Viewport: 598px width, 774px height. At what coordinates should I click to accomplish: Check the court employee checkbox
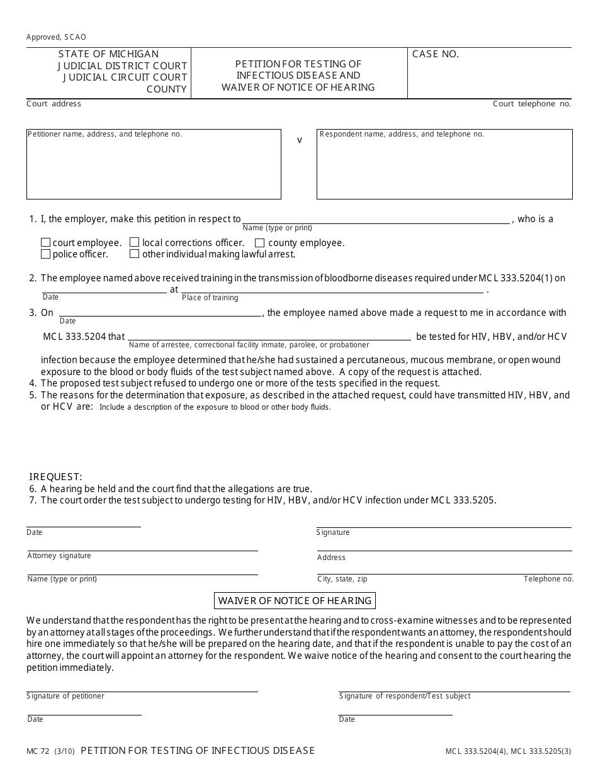click(x=45, y=243)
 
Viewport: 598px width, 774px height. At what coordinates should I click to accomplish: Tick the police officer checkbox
click(x=45, y=254)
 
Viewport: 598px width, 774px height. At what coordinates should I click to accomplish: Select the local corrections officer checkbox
click(x=135, y=243)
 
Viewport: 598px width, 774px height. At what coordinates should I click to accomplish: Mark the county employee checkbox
click(x=259, y=243)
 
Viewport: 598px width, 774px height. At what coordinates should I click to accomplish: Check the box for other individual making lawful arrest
click(x=135, y=254)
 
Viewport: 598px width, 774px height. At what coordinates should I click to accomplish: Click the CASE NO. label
click(x=435, y=54)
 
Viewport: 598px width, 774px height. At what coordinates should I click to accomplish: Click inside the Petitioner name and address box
click(x=154, y=167)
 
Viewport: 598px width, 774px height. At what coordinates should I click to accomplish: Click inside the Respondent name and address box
click(x=444, y=167)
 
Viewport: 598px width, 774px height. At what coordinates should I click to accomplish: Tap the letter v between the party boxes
click(x=299, y=140)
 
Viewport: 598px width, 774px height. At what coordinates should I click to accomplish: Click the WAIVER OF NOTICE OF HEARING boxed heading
click(x=295, y=600)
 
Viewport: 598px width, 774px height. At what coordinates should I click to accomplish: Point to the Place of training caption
click(x=210, y=298)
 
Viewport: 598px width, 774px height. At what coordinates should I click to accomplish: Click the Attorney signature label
click(x=59, y=556)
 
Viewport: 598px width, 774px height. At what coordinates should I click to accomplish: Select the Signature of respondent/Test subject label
click(x=405, y=696)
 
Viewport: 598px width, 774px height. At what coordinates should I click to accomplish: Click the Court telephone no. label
click(x=532, y=104)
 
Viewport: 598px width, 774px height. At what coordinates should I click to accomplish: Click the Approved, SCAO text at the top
click(x=56, y=37)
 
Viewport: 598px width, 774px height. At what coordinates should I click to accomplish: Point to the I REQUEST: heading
click(x=55, y=477)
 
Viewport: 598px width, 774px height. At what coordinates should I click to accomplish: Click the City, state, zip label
click(x=342, y=579)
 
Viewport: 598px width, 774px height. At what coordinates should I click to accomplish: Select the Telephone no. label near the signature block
click(x=548, y=579)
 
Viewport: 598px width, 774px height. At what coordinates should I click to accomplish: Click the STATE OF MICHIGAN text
click(x=108, y=54)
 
